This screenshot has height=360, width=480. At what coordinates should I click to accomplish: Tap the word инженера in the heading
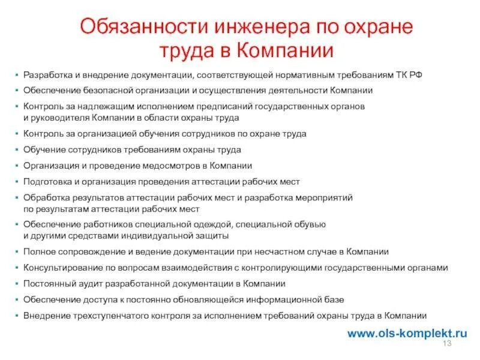click(250, 27)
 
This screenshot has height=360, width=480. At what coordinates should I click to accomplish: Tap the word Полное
click(37, 252)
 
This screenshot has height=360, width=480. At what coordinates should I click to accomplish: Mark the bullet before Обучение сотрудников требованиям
click(17, 150)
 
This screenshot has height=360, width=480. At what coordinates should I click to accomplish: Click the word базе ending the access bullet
click(334, 299)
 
